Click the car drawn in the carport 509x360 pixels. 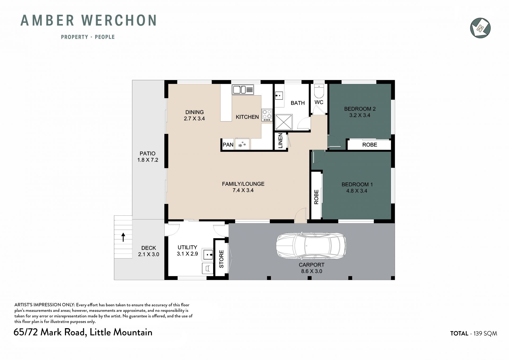311,246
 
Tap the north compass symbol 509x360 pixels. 480,28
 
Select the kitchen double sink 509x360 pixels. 243,90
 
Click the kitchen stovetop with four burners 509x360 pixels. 267,115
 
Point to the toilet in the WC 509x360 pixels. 319,91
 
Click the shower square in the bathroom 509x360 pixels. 284,122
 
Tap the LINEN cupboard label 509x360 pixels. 280,141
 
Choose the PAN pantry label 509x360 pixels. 228,145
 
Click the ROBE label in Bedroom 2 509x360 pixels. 370,145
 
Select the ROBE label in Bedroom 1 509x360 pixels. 316,197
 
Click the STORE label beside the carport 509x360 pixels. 221,259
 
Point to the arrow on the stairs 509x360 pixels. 123,237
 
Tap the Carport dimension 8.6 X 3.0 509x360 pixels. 311,271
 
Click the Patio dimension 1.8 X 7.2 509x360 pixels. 148,160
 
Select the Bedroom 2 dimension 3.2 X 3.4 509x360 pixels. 360,115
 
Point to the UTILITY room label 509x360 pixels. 187,248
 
